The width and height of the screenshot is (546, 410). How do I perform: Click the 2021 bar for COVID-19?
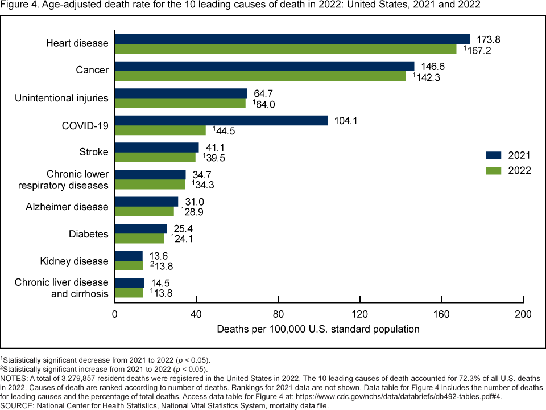221,120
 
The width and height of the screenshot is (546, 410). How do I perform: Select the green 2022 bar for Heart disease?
286,49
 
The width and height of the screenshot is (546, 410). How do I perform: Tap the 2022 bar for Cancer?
260,76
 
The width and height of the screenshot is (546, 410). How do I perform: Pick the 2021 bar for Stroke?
157,147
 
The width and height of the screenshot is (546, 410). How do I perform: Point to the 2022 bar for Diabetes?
139,239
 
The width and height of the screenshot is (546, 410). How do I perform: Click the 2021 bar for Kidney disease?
129,256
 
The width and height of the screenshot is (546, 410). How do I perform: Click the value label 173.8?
487,39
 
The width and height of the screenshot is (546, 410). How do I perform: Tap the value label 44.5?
225,130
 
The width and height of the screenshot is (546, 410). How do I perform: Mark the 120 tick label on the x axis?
360,314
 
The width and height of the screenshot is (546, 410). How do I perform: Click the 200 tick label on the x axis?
523,314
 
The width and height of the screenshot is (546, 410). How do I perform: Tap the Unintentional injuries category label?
62,98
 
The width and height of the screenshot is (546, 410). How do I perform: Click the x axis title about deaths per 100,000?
318,329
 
